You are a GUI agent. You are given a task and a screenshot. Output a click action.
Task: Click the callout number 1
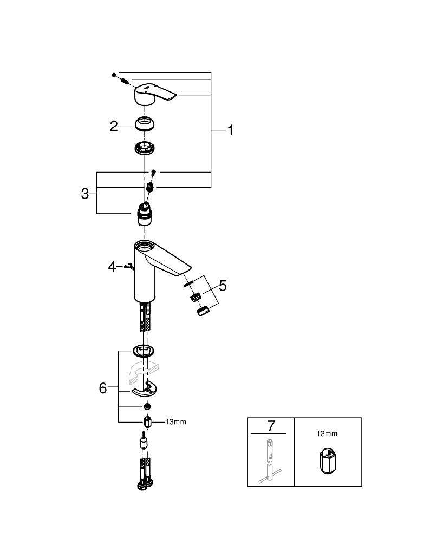click(x=230, y=130)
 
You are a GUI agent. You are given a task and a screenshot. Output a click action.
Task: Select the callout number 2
click(x=114, y=126)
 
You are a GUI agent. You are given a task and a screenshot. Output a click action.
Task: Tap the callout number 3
click(x=85, y=194)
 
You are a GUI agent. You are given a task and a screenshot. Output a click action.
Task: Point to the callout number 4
click(x=112, y=266)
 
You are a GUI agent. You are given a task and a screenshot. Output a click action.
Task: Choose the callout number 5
click(x=223, y=286)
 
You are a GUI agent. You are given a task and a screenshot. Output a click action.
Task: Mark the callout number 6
click(x=103, y=388)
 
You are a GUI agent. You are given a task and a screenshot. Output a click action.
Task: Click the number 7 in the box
click(x=271, y=426)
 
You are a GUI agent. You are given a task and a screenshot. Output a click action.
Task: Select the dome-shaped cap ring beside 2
click(x=146, y=124)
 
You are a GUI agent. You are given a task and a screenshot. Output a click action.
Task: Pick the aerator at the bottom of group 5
click(x=203, y=312)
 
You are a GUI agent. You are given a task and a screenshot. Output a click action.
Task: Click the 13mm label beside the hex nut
click(x=175, y=422)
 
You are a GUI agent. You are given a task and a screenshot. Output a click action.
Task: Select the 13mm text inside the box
click(x=327, y=433)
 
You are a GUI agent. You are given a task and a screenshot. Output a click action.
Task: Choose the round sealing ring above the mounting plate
click(x=145, y=351)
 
